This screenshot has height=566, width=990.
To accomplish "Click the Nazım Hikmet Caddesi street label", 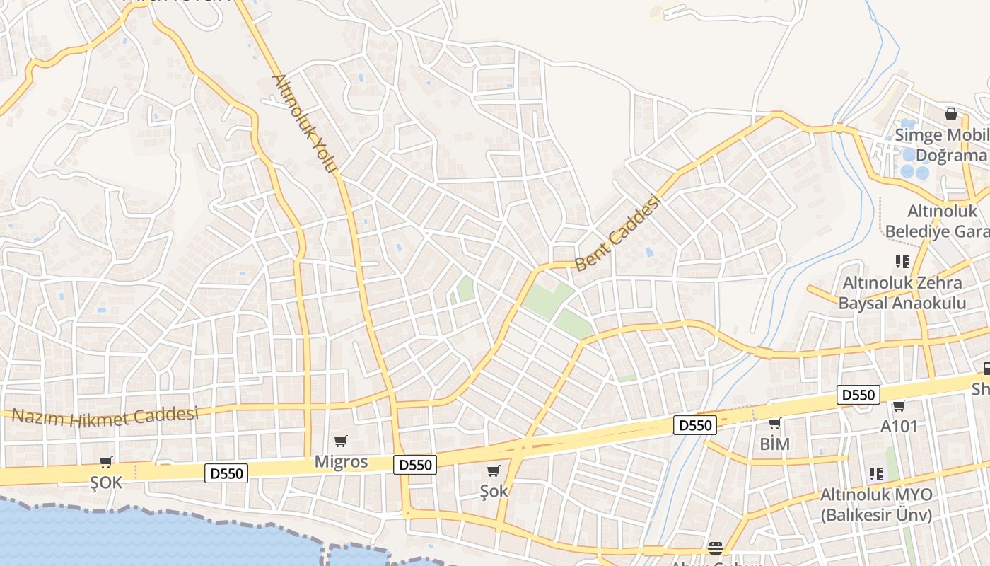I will tap(105, 415).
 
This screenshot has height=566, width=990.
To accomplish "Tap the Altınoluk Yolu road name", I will tap(303, 123).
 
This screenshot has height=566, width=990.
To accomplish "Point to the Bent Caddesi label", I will tap(617, 233).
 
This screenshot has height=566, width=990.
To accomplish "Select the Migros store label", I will tap(341, 461).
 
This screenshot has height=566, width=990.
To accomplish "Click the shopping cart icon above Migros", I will tap(341, 441).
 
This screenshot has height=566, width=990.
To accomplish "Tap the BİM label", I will tap(774, 444).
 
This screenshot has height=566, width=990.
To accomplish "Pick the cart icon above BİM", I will tap(774, 424).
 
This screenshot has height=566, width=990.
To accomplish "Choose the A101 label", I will tap(899, 426).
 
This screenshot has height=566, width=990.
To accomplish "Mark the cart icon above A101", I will tap(899, 406).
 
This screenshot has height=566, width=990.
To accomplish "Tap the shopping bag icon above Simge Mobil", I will tap(951, 114).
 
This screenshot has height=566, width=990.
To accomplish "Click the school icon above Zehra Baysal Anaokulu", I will tap(902, 262).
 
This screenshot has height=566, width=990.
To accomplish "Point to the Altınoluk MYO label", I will tap(876, 504).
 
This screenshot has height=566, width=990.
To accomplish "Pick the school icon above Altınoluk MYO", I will tap(876, 474).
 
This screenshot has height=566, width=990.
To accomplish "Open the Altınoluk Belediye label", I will tap(937, 221).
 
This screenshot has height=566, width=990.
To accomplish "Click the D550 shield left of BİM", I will tap(695, 425).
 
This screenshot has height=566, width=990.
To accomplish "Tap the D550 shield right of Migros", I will tap(414, 465).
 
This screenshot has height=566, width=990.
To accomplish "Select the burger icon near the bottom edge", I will tap(715, 548).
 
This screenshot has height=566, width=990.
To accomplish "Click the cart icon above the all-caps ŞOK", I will tap(106, 463).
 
